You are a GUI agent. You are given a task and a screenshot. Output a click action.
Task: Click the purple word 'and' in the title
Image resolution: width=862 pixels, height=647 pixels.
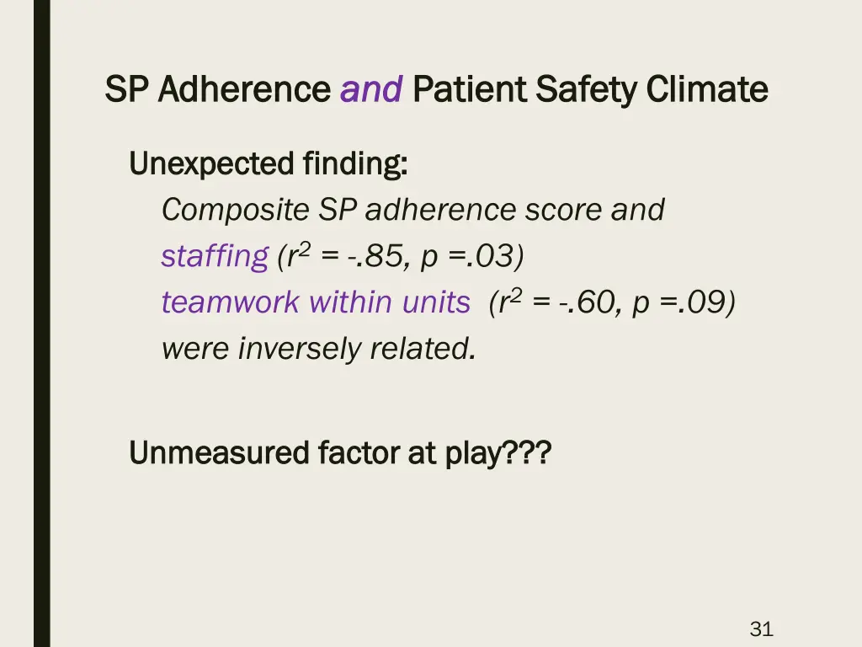coord(371,88)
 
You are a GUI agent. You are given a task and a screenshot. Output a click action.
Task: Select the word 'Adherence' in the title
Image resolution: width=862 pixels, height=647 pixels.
coord(244,88)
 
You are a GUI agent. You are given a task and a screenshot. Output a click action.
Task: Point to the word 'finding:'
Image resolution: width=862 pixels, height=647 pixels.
coord(356,163)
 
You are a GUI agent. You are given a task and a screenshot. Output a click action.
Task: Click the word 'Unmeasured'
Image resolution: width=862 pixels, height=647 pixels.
coord(219,453)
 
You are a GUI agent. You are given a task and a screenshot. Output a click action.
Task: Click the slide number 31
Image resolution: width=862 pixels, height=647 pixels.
coord(761,628)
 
